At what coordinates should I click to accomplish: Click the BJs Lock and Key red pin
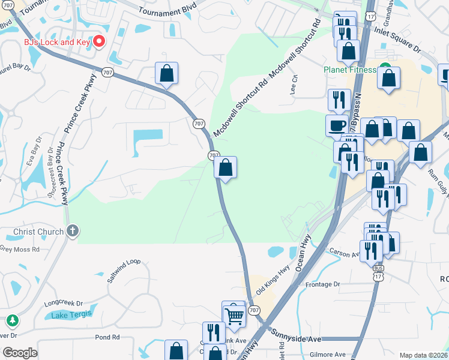click(100, 41)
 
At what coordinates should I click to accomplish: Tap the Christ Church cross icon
click(73, 231)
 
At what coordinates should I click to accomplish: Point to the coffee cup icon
click(337, 125)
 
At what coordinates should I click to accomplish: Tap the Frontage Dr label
click(322, 284)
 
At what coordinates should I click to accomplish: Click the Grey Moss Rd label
click(19, 248)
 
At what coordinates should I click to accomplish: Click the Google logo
click(20, 353)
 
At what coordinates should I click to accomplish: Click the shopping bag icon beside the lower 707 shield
click(225, 167)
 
